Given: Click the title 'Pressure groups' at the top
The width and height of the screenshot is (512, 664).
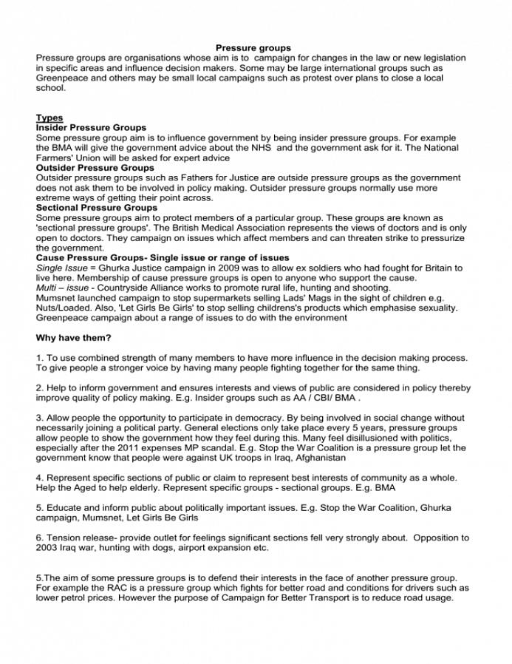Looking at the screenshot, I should [x=253, y=48].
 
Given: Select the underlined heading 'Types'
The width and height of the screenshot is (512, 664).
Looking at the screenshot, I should [x=50, y=118].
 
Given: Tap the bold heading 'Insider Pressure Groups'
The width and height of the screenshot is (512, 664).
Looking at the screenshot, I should [x=91, y=128].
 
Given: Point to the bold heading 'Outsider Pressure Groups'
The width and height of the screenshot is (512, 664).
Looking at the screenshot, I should [x=95, y=168].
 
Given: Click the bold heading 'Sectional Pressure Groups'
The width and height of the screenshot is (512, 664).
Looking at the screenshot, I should [x=97, y=208].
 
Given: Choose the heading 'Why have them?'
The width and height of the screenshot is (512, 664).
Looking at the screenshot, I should [x=74, y=338].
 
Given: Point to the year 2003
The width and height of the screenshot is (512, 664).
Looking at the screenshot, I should [x=47, y=548].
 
